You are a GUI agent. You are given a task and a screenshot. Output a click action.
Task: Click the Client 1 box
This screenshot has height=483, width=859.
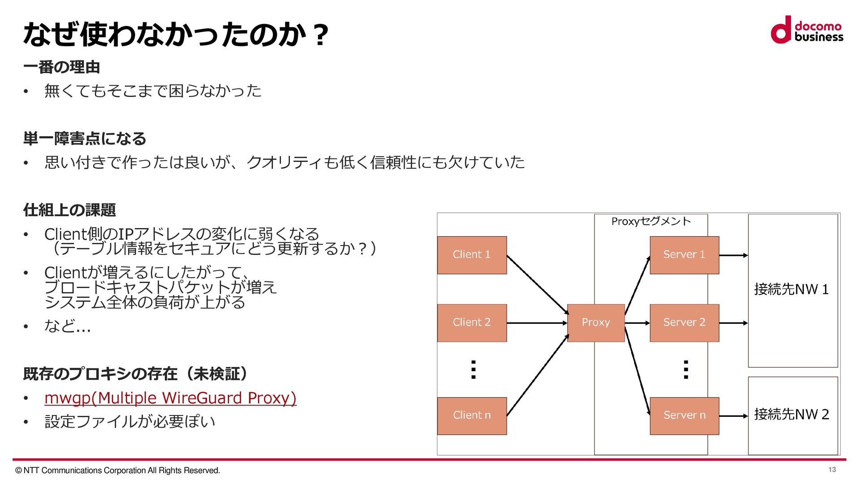472,255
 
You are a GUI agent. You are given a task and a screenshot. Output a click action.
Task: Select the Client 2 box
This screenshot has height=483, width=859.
472,322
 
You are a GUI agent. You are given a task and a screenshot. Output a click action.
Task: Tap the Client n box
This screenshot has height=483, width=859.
472,415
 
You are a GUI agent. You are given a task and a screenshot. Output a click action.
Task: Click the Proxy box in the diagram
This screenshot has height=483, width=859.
595,322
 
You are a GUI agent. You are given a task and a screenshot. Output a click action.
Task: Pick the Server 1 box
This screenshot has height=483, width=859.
684,255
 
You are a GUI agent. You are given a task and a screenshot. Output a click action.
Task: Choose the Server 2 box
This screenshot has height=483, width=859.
684,322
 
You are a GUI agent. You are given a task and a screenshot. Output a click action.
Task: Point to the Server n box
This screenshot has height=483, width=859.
684,415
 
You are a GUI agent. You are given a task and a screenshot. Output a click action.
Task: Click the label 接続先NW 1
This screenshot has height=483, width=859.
791,289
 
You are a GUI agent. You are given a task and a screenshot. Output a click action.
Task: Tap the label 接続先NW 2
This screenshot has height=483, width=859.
791,415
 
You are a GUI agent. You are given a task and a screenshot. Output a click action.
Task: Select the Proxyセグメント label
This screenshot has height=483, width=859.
651,221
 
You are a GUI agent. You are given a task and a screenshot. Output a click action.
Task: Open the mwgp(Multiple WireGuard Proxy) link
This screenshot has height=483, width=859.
170,398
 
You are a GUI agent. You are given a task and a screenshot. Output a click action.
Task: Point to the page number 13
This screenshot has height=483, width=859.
832,470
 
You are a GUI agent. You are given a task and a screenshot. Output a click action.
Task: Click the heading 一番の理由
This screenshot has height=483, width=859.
62,67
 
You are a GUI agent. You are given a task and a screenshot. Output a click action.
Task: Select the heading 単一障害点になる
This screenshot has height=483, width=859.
85,139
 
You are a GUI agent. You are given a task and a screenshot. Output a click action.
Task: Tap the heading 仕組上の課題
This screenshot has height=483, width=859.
69,210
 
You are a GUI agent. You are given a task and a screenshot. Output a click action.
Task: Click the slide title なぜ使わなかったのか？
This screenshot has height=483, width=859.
176,34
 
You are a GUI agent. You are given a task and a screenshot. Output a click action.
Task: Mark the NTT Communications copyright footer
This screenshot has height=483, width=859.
118,470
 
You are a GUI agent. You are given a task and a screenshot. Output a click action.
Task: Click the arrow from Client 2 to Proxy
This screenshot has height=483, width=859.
537,323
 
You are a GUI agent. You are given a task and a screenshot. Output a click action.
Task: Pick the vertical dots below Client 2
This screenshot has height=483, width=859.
473,370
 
